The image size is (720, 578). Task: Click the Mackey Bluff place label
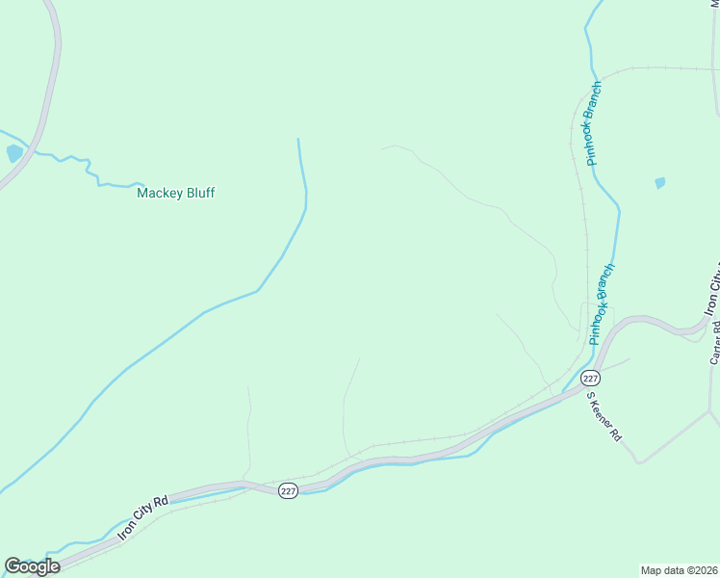coord(175,193)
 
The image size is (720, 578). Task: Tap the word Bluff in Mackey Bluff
coord(199,193)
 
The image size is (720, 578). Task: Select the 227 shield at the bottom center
coord(289,490)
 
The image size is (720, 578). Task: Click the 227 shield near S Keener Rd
coord(591,378)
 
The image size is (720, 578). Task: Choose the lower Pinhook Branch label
coord(601,304)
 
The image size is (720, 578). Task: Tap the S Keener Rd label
coord(604,416)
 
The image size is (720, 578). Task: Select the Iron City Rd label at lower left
coord(143,519)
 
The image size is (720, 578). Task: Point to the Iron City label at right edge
coord(712,289)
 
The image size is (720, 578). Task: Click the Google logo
coord(32,566)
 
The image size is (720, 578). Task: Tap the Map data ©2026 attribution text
coord(679,569)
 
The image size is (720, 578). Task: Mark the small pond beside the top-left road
coord(13,153)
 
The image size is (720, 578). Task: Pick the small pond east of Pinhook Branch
coord(659,182)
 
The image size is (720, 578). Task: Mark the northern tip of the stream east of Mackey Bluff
coord(298,141)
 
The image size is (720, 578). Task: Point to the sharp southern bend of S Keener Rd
coord(636,461)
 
